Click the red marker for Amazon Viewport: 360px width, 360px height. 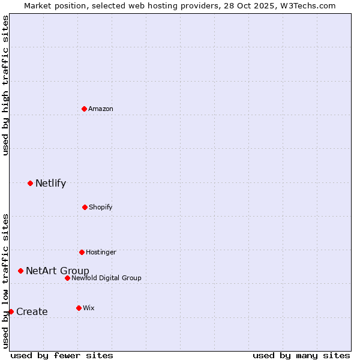[x=84, y=109]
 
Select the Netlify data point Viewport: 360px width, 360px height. [x=30, y=183]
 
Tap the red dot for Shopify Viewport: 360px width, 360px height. [x=85, y=207]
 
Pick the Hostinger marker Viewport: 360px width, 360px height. [x=82, y=252]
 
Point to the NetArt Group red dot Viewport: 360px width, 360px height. [x=20, y=271]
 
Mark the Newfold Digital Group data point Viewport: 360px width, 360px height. [x=67, y=278]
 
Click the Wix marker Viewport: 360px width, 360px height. [x=79, y=308]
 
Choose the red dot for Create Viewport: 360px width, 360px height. [x=11, y=311]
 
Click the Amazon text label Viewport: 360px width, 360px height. [x=101, y=109]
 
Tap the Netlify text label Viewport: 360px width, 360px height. [x=50, y=184]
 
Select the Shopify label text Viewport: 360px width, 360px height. [x=100, y=207]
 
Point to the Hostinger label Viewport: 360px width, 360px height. [x=101, y=252]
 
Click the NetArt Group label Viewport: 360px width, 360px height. [x=57, y=271]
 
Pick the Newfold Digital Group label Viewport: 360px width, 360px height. [x=106, y=278]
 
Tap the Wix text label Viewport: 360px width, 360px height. [x=88, y=308]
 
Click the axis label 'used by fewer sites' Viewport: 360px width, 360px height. [x=62, y=355]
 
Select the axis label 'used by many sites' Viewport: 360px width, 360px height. [x=301, y=355]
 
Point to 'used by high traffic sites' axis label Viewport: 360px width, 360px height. [x=5, y=85]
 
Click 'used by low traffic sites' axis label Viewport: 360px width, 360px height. [x=5, y=280]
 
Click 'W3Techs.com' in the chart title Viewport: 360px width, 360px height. [x=307, y=5]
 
